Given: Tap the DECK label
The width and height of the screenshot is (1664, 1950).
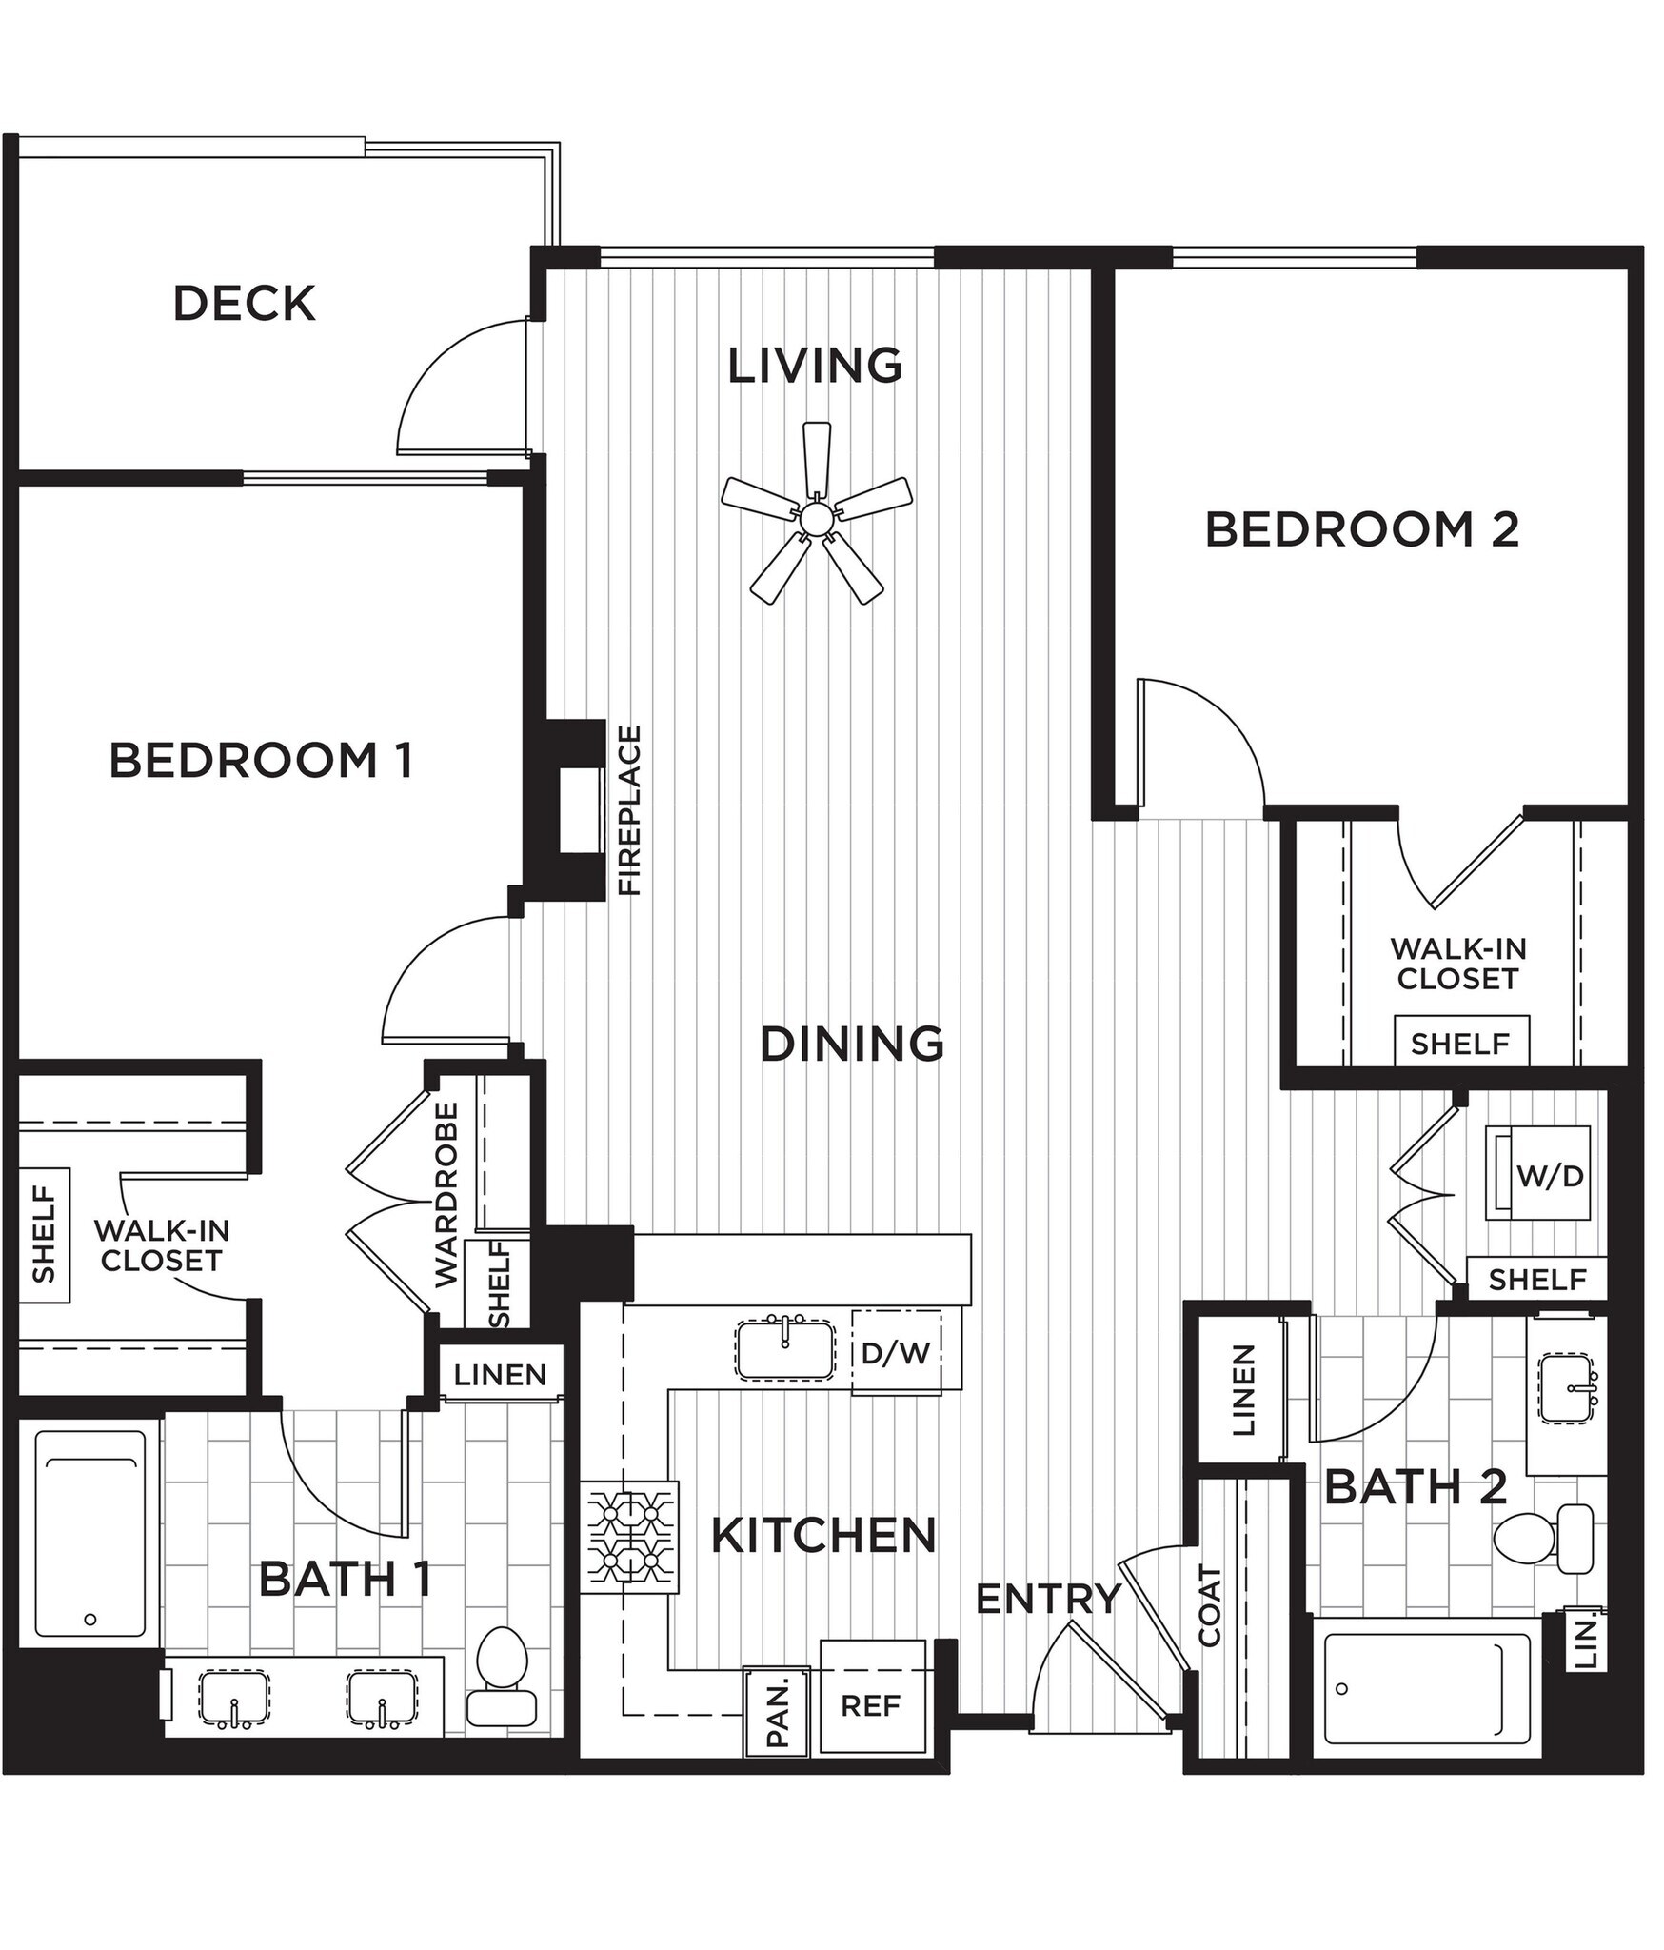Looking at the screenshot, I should [x=244, y=304].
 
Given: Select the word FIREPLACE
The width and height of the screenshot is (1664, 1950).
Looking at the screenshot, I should [x=630, y=810].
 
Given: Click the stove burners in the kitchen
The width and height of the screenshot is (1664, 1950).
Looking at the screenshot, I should [x=629, y=1537].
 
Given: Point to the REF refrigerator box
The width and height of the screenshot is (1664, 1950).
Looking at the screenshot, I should [x=871, y=1704].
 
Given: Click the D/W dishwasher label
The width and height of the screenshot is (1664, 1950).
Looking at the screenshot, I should [x=895, y=1353].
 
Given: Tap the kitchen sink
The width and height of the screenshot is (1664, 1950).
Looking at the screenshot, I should [x=784, y=1348].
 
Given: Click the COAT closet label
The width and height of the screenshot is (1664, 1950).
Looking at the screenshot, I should [x=1209, y=1605].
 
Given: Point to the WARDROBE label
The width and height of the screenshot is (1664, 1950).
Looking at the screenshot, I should [x=446, y=1195].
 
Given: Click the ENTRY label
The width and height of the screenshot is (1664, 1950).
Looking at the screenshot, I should [x=1048, y=1599].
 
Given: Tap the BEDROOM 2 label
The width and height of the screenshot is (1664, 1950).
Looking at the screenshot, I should [x=1361, y=529].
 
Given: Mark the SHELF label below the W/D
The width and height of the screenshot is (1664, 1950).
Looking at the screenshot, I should [x=1537, y=1280].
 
